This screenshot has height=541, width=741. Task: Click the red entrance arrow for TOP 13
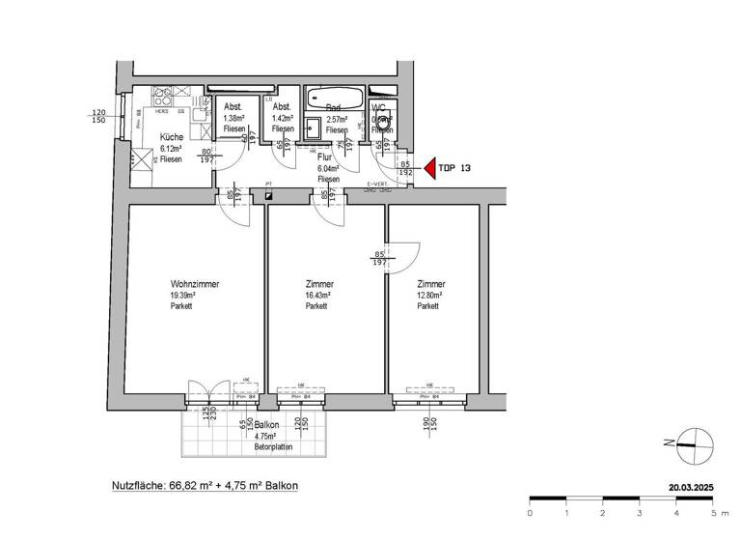[428, 167]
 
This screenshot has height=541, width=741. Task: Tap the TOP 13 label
[455, 167]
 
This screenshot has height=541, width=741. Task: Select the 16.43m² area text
[318, 296]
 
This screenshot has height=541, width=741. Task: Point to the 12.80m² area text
[429, 296]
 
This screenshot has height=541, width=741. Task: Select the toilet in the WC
[384, 124]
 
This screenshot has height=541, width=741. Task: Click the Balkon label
[267, 425]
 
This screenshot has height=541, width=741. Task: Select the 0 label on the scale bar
[530, 512]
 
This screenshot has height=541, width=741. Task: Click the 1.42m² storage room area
[283, 118]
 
